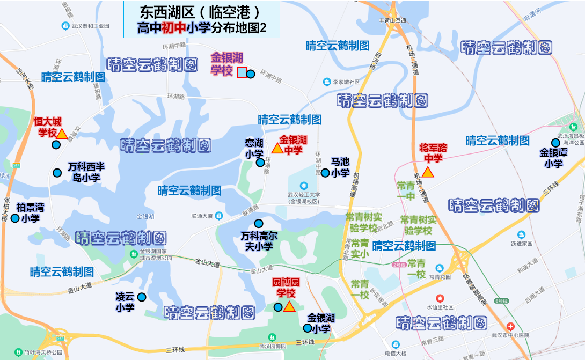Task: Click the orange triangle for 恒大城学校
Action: click(x=61, y=134)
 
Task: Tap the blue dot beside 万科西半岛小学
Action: click(x=57, y=173)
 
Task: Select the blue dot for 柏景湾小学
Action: click(x=15, y=218)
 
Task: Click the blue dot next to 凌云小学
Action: click(x=142, y=297)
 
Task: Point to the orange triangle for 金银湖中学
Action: click(x=277, y=148)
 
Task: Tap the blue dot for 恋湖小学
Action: click(x=260, y=162)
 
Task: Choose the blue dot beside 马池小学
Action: click(x=325, y=173)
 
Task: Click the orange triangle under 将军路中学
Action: click(x=428, y=172)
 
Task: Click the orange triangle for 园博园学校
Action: click(x=289, y=307)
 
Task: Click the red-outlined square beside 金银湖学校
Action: click(x=242, y=73)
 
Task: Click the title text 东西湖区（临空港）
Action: click(x=201, y=11)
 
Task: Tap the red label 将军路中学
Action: click(x=433, y=153)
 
